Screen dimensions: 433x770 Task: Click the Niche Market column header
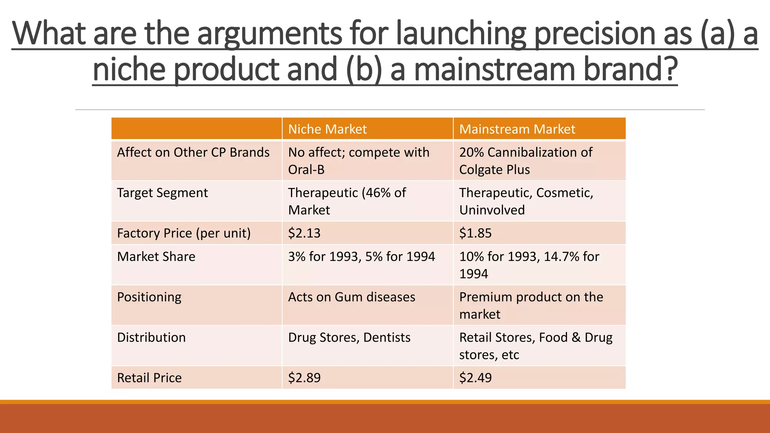point(327,129)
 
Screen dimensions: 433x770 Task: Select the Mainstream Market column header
point(517,129)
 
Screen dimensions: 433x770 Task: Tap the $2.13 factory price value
point(304,233)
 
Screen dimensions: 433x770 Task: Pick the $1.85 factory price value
point(475,233)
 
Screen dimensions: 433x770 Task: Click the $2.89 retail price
point(304,378)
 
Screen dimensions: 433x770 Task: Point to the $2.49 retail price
point(475,378)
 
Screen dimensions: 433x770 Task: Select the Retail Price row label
point(149,378)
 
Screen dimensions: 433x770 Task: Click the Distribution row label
point(151,338)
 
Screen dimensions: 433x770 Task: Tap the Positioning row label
point(149,297)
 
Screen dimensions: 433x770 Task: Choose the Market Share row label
point(156,256)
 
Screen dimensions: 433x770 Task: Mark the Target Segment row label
point(162,193)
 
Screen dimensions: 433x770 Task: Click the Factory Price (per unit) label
point(183,233)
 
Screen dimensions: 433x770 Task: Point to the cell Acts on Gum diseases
point(352,297)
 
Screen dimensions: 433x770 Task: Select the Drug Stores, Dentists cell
point(349,338)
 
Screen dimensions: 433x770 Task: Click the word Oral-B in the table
point(306,170)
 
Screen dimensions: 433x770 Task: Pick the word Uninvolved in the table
point(492,210)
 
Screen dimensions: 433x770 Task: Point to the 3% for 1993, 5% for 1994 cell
point(361,256)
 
